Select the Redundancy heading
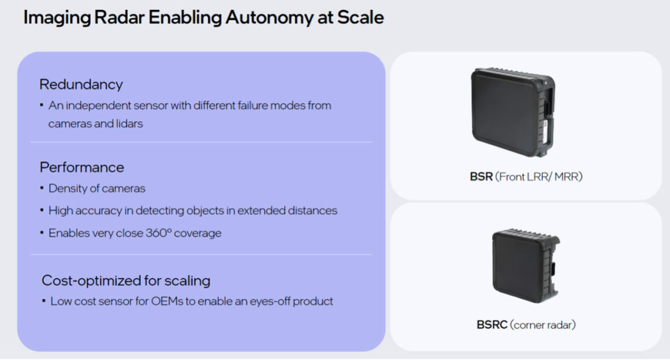click(x=81, y=84)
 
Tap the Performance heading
click(x=81, y=168)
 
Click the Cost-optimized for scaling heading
click(x=126, y=281)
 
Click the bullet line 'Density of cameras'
click(x=96, y=188)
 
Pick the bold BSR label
click(x=481, y=177)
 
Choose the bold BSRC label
click(x=492, y=325)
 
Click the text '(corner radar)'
click(x=543, y=325)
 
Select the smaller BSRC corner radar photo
click(x=524, y=266)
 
